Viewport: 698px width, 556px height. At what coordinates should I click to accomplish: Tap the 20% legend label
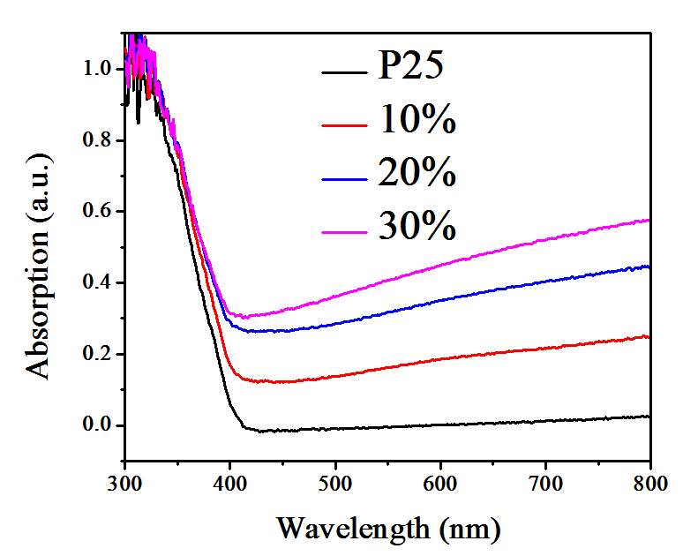(417, 174)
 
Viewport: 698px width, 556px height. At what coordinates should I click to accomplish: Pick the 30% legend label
(417, 227)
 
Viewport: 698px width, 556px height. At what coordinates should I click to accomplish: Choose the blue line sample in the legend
(344, 178)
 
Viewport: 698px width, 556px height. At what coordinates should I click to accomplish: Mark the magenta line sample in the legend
(344, 230)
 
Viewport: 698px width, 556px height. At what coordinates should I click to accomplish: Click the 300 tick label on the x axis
(125, 482)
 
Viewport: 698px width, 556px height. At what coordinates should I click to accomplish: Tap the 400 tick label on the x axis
(230, 482)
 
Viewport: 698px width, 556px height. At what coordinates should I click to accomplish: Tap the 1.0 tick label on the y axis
(99, 69)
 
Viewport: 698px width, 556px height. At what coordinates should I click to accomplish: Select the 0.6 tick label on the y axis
(99, 212)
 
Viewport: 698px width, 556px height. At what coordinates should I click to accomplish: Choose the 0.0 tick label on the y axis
(99, 425)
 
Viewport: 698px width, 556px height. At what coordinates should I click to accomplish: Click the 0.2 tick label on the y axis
(99, 354)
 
